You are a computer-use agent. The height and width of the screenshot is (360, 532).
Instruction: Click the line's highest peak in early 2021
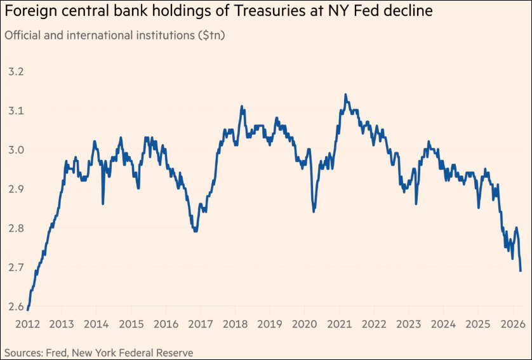[x=345, y=95]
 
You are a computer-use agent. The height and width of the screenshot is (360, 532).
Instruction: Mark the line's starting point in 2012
[x=28, y=310]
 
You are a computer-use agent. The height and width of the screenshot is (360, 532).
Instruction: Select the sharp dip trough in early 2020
[x=314, y=211]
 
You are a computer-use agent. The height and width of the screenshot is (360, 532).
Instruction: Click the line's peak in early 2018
[x=242, y=107]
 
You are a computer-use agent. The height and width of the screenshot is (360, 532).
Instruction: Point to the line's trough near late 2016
[x=196, y=231]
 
